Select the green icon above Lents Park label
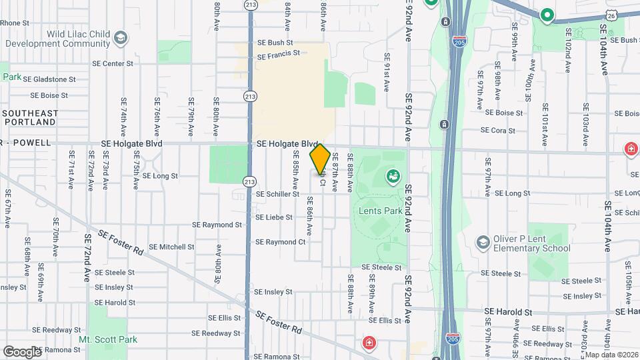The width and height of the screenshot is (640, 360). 393,177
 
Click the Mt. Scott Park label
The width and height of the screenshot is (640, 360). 104,339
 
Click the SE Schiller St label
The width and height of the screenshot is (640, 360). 277,194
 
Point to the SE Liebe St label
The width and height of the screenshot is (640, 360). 274,217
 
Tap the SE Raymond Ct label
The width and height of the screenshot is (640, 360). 280,242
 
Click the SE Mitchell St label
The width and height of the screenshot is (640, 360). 171,247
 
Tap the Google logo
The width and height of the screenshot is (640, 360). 22,351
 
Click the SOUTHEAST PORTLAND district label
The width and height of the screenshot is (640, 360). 30,118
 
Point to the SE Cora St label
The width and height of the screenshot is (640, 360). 498,131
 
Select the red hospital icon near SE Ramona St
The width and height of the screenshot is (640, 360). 367,343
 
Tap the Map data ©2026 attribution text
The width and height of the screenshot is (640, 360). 611,354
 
